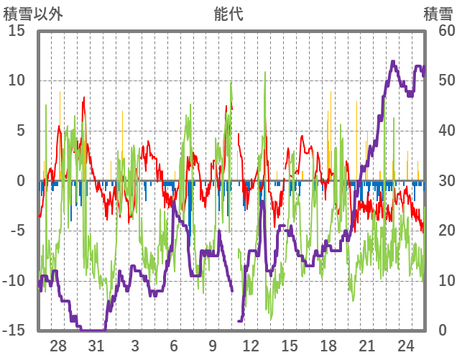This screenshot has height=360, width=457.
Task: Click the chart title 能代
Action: tap(228, 14)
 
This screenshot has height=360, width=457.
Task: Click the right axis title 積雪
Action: tap(438, 14)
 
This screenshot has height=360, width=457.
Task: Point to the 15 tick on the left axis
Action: tap(17, 31)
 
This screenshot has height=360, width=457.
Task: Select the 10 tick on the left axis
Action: tap(17, 80)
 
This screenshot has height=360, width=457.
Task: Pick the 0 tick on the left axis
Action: tap(22, 181)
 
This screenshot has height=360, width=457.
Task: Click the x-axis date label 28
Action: tap(58, 345)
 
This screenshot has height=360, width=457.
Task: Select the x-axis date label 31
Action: tap(96, 345)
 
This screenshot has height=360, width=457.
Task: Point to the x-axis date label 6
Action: tap(174, 345)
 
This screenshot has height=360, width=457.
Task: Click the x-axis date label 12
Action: tap(251, 345)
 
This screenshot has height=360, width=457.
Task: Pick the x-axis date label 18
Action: tap(328, 345)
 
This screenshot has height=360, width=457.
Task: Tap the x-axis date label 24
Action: tap(405, 345)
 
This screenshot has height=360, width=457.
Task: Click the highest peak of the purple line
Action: tap(393, 62)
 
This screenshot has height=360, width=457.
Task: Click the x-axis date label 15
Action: tap(290, 345)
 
